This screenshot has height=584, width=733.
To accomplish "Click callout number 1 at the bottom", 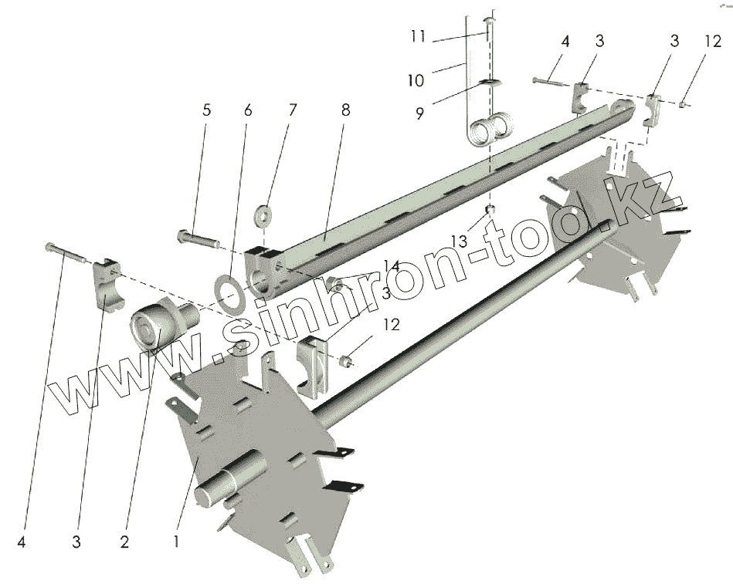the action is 177,542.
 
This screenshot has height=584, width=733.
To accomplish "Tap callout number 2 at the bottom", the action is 124,542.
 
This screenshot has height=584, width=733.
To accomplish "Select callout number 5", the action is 206,110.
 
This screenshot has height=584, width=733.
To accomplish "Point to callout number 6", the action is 247,110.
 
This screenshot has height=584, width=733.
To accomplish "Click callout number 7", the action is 292,110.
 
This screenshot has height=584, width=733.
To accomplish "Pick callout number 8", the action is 345,110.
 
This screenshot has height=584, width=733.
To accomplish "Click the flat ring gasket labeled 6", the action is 229,292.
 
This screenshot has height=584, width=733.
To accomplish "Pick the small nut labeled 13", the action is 489,210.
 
